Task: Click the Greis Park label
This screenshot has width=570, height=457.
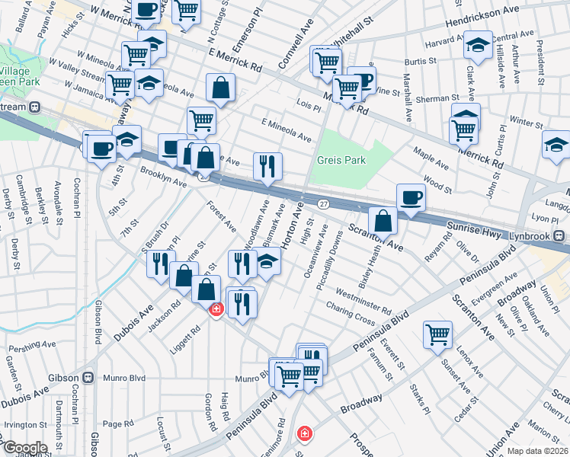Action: tap(343, 161)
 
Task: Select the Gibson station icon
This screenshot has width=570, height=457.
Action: tap(89, 377)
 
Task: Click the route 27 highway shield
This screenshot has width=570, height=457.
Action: tap(324, 204)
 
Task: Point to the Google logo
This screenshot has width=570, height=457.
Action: tap(24, 448)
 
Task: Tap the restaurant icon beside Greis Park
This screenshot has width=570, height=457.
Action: tap(267, 166)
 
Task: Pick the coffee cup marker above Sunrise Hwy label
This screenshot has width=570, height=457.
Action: tap(411, 197)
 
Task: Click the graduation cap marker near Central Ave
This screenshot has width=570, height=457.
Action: tap(478, 46)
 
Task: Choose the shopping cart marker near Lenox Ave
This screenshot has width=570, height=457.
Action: tap(437, 333)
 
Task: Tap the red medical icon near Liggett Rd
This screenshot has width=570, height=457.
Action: tap(216, 309)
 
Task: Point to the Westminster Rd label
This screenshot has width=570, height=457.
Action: tap(363, 302)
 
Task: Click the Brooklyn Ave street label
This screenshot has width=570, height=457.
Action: tap(163, 177)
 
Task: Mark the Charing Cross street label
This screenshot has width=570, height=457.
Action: tap(350, 316)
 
